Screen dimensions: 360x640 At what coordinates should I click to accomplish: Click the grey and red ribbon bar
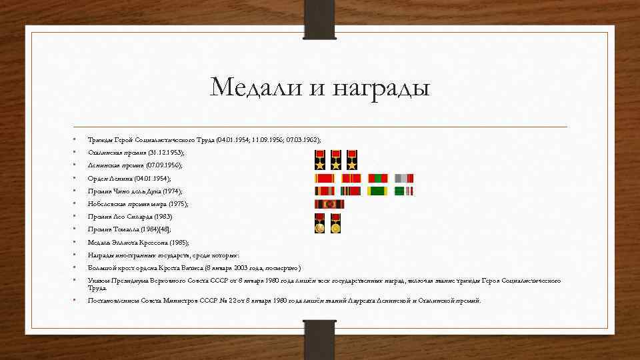click(404, 178)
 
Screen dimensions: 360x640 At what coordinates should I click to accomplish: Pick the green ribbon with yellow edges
click(377, 191)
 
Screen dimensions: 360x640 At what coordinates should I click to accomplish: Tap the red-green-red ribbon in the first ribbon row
click(377, 178)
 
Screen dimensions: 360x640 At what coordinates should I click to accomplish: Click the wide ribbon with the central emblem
click(329, 205)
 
